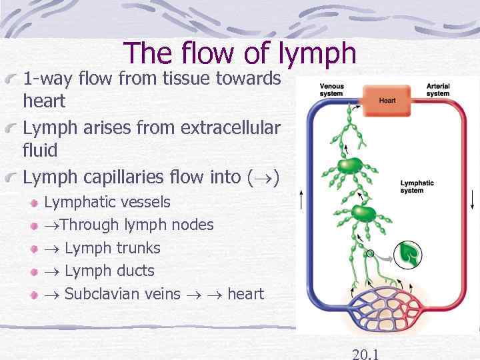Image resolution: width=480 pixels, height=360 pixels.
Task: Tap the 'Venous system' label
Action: pyautogui.click(x=331, y=90)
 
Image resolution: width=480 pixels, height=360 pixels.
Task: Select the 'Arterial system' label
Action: pyautogui.click(x=438, y=90)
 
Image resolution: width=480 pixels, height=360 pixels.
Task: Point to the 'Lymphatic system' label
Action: pyautogui.click(x=417, y=187)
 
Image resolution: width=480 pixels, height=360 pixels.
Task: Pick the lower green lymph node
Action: pyautogui.click(x=363, y=213)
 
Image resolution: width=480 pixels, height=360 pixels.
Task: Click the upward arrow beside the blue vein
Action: pyautogui.click(x=302, y=199)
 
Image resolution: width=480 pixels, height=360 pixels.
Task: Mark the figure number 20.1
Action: pyautogui.click(x=365, y=353)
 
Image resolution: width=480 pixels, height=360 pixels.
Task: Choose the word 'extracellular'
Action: pyautogui.click(x=235, y=127)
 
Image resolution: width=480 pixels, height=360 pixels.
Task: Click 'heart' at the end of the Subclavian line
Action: pyautogui.click(x=245, y=294)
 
